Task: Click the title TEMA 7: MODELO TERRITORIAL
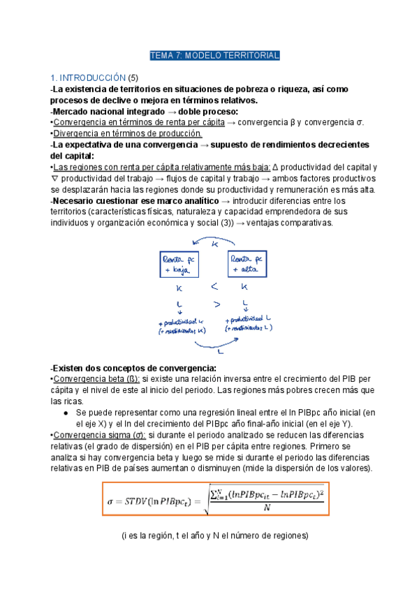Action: (214, 55)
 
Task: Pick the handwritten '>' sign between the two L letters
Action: (216, 304)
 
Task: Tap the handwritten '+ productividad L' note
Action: (247, 320)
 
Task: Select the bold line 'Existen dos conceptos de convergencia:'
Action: (133, 368)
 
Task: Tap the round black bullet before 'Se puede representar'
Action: (65, 413)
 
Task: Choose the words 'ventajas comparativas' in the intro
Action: (298, 223)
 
